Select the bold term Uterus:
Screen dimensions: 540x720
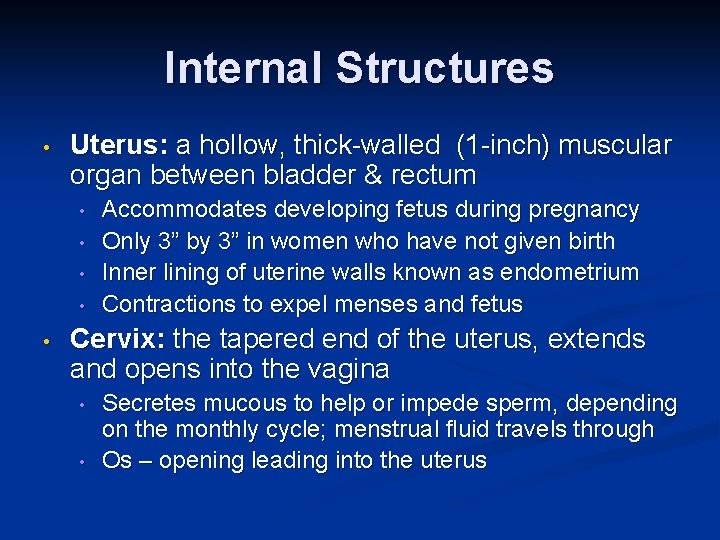[x=119, y=146]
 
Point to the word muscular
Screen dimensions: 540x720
[x=615, y=146]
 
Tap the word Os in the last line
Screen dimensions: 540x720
[x=116, y=461]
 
